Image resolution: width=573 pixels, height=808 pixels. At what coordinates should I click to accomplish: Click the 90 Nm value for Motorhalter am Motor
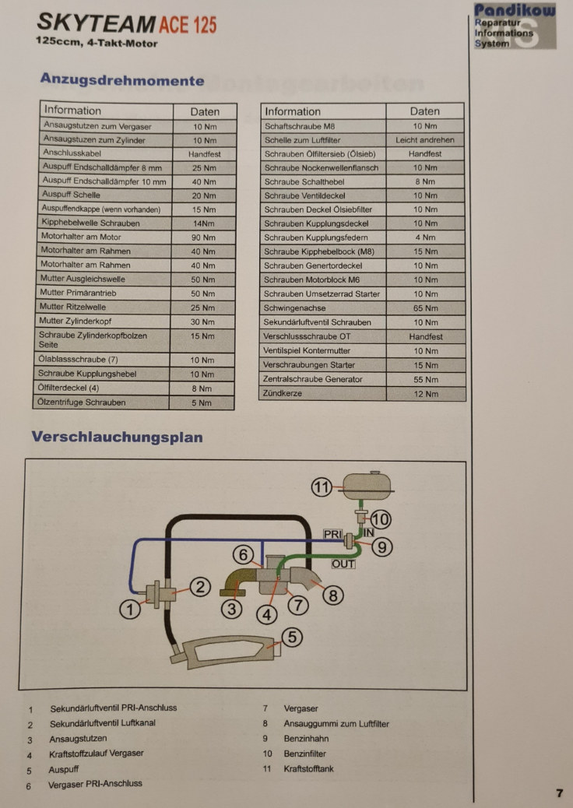pyautogui.click(x=203, y=237)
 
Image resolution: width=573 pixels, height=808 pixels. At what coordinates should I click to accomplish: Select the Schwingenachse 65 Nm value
pyautogui.click(x=425, y=307)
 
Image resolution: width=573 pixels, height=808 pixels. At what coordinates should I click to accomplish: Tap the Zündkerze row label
pyautogui.click(x=283, y=393)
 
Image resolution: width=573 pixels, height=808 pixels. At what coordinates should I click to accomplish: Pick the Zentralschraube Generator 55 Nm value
pyautogui.click(x=425, y=379)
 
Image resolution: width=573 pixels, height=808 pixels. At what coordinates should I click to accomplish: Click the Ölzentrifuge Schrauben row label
pyautogui.click(x=82, y=402)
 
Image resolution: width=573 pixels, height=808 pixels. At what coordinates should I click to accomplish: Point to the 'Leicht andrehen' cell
pyautogui.click(x=425, y=140)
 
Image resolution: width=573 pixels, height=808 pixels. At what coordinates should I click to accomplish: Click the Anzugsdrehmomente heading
pyautogui.click(x=121, y=80)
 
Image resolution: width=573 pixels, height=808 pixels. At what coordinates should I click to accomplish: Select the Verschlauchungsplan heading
pyautogui.click(x=117, y=437)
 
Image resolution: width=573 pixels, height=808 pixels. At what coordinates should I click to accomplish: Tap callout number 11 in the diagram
pyautogui.click(x=322, y=487)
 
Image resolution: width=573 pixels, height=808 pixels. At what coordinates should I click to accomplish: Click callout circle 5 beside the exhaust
pyautogui.click(x=291, y=638)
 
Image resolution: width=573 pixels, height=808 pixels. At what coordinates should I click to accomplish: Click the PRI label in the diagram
pyautogui.click(x=333, y=535)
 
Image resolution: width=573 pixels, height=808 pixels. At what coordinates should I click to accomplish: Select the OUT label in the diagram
pyautogui.click(x=343, y=564)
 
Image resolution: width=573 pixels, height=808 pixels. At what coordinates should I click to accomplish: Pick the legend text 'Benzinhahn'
pyautogui.click(x=305, y=738)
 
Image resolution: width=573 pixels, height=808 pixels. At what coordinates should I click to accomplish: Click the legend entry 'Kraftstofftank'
pyautogui.click(x=308, y=768)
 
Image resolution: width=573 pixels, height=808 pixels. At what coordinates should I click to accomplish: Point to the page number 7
pyautogui.click(x=559, y=793)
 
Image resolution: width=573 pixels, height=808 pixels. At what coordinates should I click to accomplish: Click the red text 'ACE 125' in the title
pyautogui.click(x=187, y=25)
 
